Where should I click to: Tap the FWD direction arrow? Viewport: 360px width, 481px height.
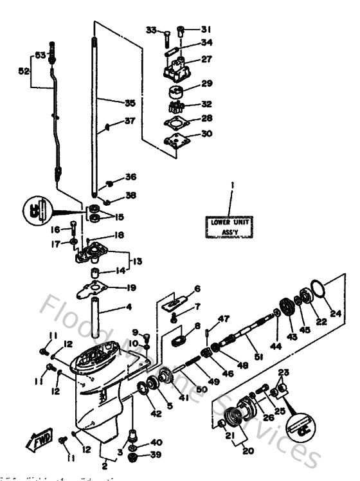pos(39,440)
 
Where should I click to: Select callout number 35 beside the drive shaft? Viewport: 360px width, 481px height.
pos(130,102)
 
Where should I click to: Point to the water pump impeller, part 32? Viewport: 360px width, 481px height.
pos(175,104)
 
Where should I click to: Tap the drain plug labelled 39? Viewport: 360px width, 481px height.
pos(135,457)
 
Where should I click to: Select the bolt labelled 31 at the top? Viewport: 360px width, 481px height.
pos(181,30)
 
